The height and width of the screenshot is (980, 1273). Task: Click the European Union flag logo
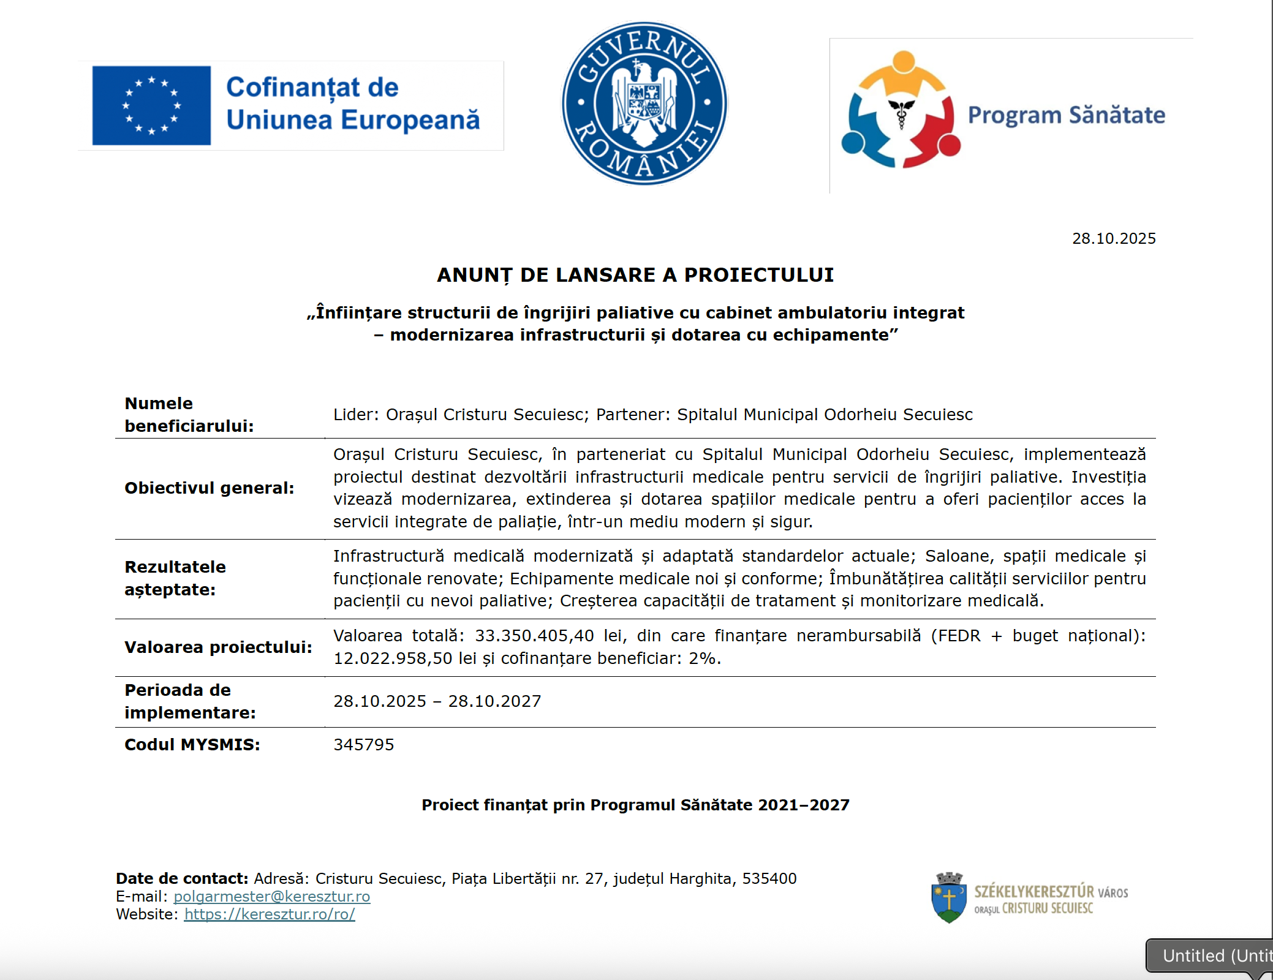(151, 105)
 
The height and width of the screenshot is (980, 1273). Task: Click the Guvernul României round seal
(644, 103)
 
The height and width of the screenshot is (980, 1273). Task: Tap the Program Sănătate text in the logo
(1066, 115)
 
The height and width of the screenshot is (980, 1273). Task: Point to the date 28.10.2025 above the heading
(1113, 238)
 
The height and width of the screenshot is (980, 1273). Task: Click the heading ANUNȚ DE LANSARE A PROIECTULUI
(635, 275)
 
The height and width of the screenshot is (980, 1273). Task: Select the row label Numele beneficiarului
(189, 415)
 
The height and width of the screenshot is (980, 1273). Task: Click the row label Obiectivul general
(209, 488)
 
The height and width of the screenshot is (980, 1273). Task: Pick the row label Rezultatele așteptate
(175, 578)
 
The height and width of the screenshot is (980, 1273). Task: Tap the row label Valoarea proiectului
(218, 647)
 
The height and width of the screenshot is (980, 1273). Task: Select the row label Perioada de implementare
(190, 701)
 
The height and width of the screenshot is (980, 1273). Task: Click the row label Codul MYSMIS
(192, 745)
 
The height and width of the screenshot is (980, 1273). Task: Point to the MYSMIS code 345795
(363, 745)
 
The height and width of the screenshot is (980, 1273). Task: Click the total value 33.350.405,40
(534, 636)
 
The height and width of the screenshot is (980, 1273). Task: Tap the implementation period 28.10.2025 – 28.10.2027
(437, 701)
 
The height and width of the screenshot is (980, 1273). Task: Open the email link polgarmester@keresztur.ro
(271, 897)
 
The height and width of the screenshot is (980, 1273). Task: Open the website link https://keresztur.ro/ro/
(270, 914)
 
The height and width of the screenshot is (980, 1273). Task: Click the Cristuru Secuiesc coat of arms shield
(949, 898)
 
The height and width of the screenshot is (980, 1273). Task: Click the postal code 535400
(769, 879)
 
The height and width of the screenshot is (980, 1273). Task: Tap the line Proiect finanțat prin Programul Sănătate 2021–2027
(635, 805)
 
